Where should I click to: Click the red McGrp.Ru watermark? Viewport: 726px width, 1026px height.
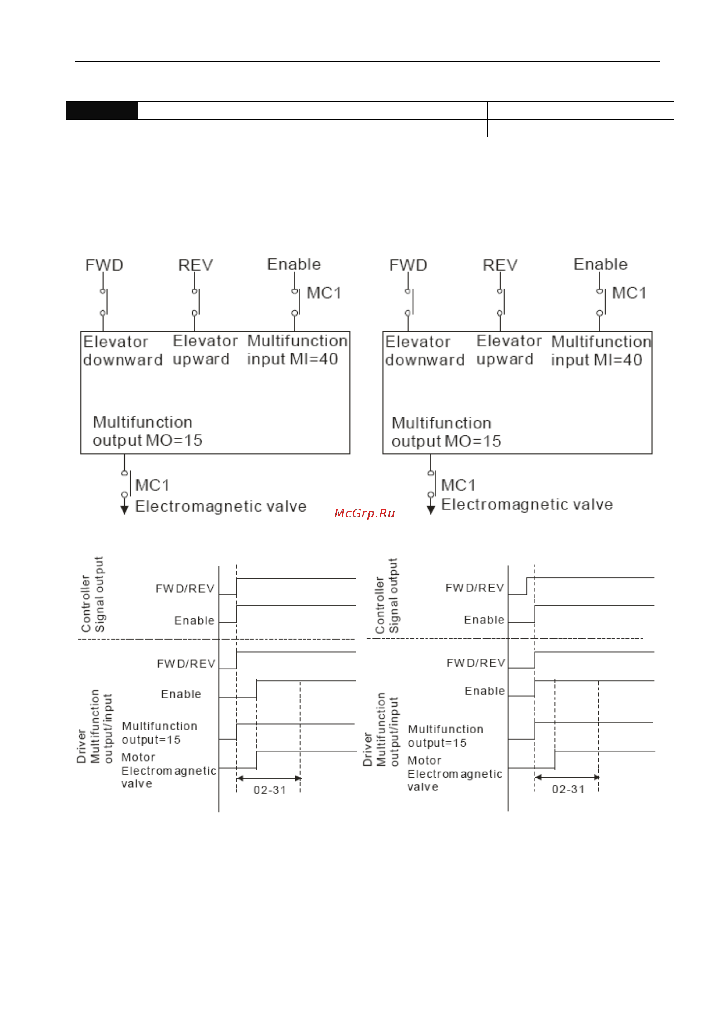pyautogui.click(x=364, y=513)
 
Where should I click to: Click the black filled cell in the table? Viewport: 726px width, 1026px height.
pyautogui.click(x=102, y=110)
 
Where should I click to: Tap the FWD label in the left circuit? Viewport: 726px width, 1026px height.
pyautogui.click(x=104, y=265)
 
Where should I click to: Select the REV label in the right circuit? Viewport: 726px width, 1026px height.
pyautogui.click(x=500, y=265)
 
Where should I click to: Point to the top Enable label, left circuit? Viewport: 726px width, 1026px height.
pyautogui.click(x=294, y=264)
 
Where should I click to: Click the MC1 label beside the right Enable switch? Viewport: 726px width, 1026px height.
pyautogui.click(x=629, y=293)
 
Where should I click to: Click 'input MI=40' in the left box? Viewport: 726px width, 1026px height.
pyautogui.click(x=292, y=359)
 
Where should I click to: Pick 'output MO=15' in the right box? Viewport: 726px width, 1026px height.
pyautogui.click(x=446, y=442)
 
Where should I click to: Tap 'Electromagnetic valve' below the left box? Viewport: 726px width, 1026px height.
pyautogui.click(x=221, y=506)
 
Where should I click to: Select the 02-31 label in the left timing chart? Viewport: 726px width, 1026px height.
pyautogui.click(x=270, y=790)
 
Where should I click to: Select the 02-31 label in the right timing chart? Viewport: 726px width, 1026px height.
pyautogui.click(x=568, y=789)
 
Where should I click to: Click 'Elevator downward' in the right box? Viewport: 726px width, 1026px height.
pyautogui.click(x=425, y=351)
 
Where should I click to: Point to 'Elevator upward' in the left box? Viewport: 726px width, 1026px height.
pyautogui.click(x=205, y=350)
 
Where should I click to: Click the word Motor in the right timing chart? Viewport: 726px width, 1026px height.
pyautogui.click(x=424, y=761)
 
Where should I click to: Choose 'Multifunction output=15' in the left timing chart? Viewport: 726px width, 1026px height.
pyautogui.click(x=159, y=733)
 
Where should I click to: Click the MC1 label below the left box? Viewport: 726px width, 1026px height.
pyautogui.click(x=152, y=485)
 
